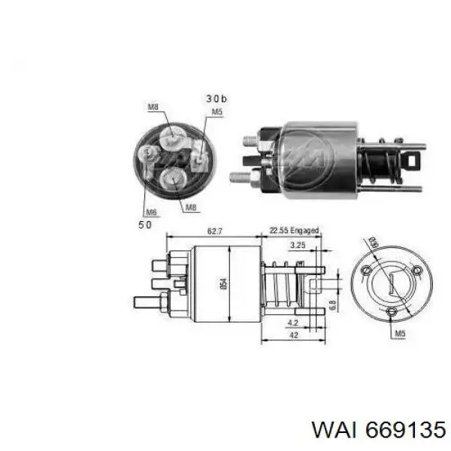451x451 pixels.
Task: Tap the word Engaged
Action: (x=304, y=231)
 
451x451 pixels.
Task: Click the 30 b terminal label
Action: (x=216, y=98)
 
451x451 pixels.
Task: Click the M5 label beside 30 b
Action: (x=216, y=112)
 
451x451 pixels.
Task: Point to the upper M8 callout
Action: (x=153, y=107)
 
